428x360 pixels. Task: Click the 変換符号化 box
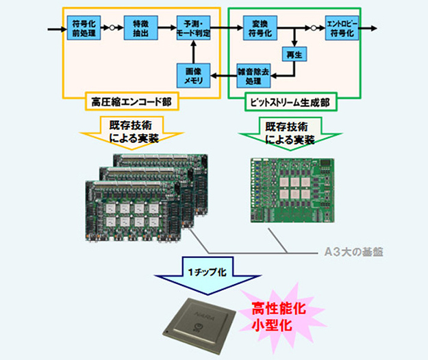[x=257, y=30]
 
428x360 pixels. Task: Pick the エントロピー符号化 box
[x=343, y=30]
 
